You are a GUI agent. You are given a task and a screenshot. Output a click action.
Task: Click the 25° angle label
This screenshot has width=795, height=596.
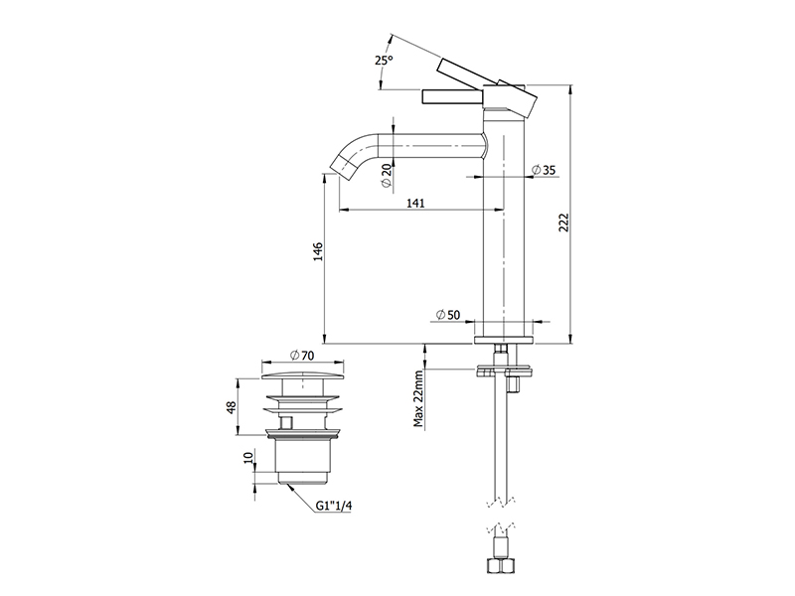(x=384, y=61)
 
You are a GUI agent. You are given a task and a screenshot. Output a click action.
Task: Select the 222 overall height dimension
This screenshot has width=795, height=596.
(x=563, y=223)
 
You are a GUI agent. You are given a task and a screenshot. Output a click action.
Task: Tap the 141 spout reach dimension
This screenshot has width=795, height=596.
(x=415, y=204)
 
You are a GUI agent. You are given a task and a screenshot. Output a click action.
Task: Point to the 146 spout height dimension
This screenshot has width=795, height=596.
(x=317, y=252)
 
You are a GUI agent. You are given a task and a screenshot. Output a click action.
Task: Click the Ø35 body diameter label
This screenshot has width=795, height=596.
(x=544, y=170)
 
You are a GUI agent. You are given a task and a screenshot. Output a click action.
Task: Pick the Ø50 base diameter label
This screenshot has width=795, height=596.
(x=448, y=315)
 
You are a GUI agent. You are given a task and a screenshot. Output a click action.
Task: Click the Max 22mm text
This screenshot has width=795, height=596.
(x=418, y=399)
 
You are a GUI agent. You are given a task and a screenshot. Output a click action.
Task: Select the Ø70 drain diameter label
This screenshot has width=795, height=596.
(x=302, y=356)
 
